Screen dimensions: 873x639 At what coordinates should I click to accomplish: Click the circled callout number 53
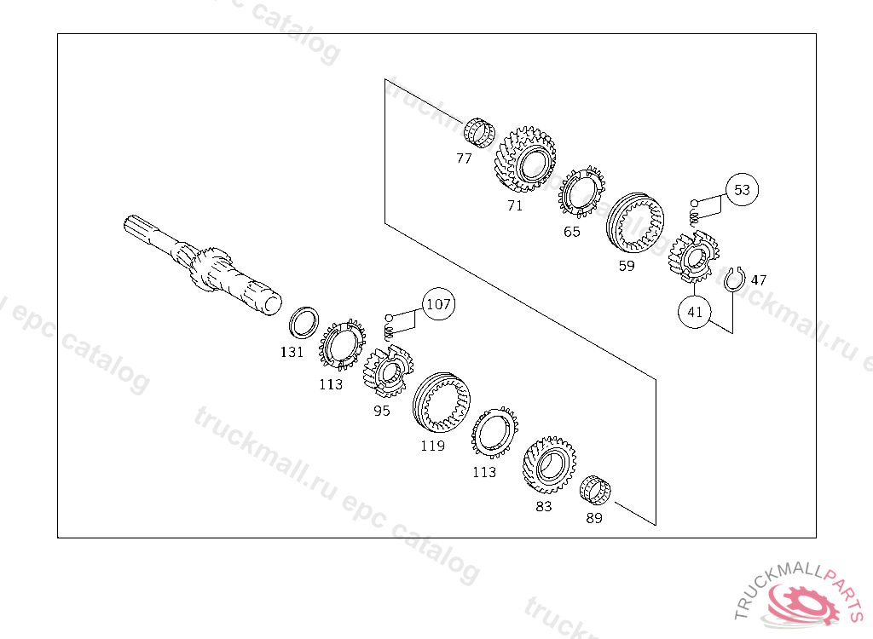click(742, 189)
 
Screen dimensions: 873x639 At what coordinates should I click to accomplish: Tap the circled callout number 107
click(438, 303)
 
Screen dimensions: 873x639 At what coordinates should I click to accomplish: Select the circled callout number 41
click(695, 312)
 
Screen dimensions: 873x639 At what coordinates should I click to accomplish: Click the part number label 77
click(464, 158)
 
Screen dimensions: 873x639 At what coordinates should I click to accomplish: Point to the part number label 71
click(515, 205)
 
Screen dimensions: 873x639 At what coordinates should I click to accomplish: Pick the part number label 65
click(571, 231)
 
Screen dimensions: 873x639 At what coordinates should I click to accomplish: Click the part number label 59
click(627, 265)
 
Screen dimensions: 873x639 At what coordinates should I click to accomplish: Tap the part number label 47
click(759, 279)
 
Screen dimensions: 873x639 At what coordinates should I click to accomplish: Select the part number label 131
click(292, 351)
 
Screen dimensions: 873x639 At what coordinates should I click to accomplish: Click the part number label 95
click(381, 410)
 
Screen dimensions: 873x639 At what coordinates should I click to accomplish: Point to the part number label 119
click(432, 446)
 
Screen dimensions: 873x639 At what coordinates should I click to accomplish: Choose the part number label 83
click(543, 506)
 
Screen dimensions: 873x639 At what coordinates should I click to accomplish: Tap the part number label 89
click(594, 517)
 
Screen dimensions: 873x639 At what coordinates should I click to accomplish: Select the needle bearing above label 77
click(480, 133)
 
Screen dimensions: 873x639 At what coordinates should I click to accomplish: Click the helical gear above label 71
click(523, 163)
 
